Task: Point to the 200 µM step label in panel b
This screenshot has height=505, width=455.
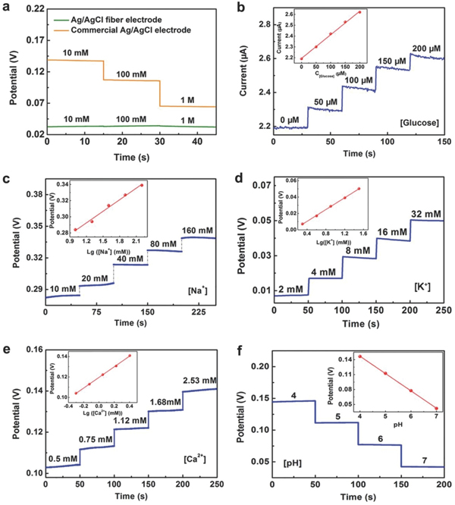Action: click(x=427, y=49)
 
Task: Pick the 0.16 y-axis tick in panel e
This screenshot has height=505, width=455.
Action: click(x=32, y=350)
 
